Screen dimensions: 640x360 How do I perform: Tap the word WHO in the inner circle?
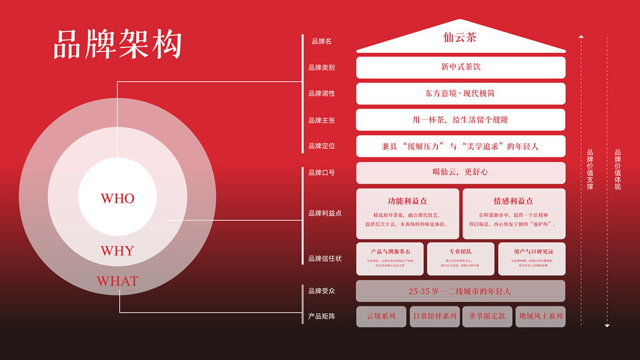pos(118,199)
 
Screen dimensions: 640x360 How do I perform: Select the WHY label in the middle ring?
pos(118,251)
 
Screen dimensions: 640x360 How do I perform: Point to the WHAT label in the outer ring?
pos(118,281)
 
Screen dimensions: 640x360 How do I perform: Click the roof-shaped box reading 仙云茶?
pos(461,38)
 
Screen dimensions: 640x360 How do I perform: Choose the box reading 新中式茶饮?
pos(461,67)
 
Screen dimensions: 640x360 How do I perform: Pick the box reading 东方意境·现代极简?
pos(461,94)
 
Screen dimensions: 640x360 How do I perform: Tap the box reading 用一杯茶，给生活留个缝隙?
pos(461,120)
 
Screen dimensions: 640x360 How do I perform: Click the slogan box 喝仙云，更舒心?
pos(461,172)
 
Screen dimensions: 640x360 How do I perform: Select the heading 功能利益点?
pos(407,201)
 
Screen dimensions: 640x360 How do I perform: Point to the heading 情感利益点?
pos(513,201)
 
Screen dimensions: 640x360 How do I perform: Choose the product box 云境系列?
pos(381,316)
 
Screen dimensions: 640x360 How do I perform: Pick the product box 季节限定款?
pos(487,316)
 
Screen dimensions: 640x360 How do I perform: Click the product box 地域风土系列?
pos(540,316)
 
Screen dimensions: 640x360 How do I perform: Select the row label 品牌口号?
pos(321,173)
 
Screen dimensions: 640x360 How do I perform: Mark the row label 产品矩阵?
pos(321,317)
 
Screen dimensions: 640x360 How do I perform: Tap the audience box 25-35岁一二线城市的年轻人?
pos(461,291)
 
